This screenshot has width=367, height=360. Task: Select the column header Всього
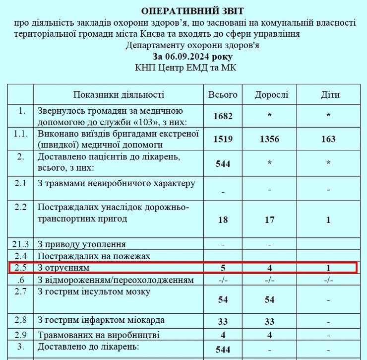click(223, 95)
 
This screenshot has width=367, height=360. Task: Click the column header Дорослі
click(271, 95)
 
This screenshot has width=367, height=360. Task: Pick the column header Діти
click(328, 95)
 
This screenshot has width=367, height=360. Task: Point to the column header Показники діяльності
click(119, 95)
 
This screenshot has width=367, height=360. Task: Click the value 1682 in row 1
click(223, 116)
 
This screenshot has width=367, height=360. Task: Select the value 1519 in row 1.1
click(223, 139)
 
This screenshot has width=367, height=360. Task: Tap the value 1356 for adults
click(269, 139)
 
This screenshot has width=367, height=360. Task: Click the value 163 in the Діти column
click(328, 139)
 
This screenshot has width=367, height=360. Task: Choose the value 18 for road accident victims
click(223, 219)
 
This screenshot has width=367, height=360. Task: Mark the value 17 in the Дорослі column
click(269, 219)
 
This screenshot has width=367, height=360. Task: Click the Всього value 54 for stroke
click(223, 300)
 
